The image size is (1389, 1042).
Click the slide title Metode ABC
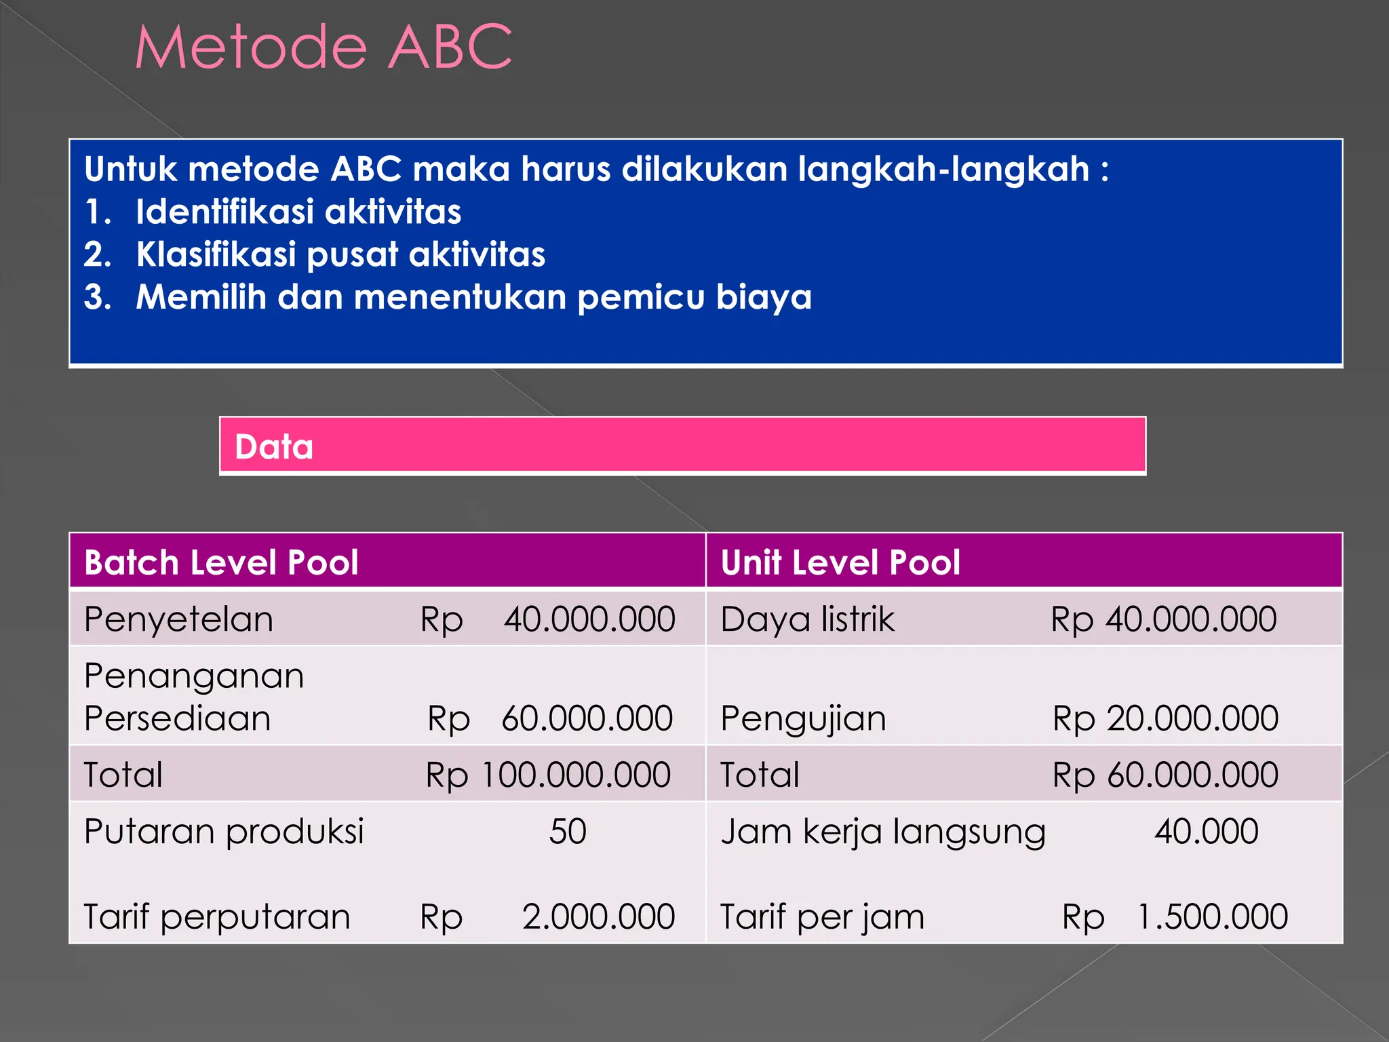pyautogui.click(x=324, y=47)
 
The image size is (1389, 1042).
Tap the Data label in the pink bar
pyautogui.click(x=274, y=447)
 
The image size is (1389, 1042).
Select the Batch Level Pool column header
pyautogui.click(x=221, y=562)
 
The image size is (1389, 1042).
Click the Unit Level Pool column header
pyautogui.click(x=840, y=562)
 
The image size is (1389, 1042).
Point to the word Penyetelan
pyautogui.click(x=178, y=619)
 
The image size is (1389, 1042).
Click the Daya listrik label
pyautogui.click(x=807, y=619)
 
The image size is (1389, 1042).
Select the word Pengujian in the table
pyautogui.click(x=803, y=719)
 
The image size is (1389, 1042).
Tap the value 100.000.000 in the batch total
pyautogui.click(x=576, y=775)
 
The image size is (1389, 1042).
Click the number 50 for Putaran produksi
pyautogui.click(x=568, y=831)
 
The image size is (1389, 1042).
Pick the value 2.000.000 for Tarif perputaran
pyautogui.click(x=598, y=916)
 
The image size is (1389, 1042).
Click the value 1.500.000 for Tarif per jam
pyautogui.click(x=1212, y=916)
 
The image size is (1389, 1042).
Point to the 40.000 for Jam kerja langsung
pyautogui.click(x=1207, y=831)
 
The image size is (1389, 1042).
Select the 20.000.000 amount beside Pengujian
pyautogui.click(x=1192, y=718)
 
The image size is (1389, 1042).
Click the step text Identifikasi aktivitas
pyautogui.click(x=298, y=212)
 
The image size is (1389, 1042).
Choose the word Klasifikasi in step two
pyautogui.click(x=216, y=254)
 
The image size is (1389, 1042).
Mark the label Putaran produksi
pyautogui.click(x=224, y=832)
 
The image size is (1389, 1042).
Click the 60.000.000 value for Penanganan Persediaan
pyautogui.click(x=587, y=718)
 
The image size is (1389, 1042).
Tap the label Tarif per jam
pyautogui.click(x=822, y=917)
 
